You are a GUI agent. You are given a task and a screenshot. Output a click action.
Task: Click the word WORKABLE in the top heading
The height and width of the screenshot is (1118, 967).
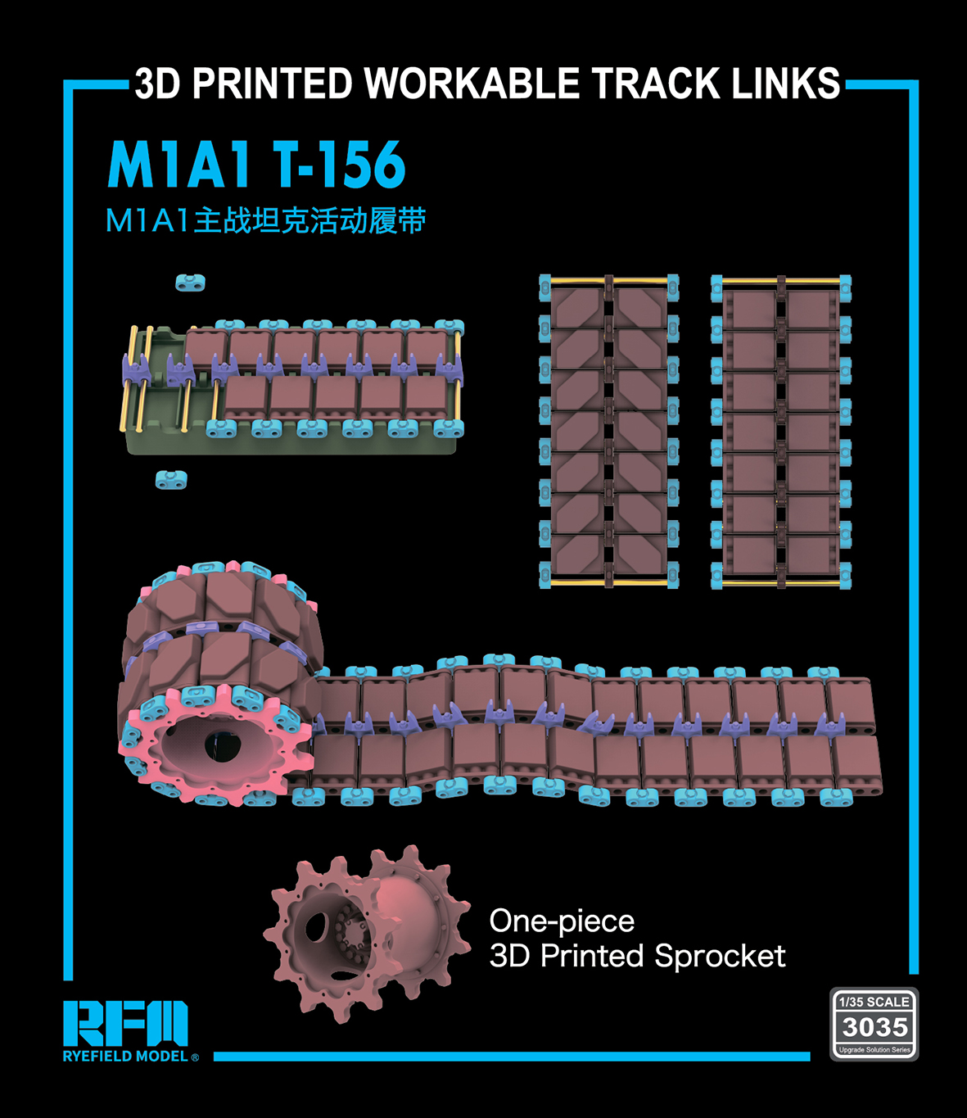click(x=471, y=84)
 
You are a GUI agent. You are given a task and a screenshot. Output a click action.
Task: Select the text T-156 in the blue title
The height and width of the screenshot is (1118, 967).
click(x=338, y=165)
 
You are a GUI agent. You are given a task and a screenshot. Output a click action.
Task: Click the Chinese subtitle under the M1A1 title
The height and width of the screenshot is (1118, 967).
click(x=265, y=220)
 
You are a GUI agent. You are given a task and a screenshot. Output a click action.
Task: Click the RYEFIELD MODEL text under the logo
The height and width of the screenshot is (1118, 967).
click(x=125, y=1057)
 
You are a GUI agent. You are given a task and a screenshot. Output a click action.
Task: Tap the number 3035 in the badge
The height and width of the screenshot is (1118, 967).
click(x=874, y=1028)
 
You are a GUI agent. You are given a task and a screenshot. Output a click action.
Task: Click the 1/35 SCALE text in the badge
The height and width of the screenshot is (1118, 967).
click(x=874, y=1003)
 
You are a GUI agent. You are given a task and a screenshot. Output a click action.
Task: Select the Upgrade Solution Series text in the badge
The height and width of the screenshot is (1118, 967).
click(x=874, y=1050)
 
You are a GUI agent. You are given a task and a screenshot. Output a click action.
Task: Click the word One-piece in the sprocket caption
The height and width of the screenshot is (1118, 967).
click(x=562, y=921)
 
